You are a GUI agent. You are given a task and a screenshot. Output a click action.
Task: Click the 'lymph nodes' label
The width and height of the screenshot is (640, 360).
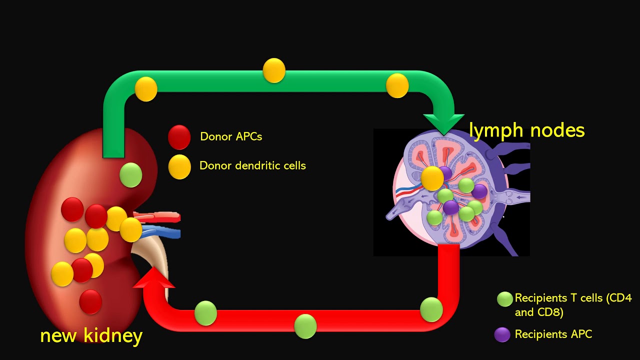click(x=526, y=130)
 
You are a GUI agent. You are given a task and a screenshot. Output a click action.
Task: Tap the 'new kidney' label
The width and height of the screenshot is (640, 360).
click(x=91, y=335)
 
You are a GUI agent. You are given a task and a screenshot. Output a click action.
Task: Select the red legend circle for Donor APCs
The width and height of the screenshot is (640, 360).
click(x=179, y=137)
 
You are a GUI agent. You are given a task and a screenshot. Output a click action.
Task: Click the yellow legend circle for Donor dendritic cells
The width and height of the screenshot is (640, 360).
click(x=179, y=166)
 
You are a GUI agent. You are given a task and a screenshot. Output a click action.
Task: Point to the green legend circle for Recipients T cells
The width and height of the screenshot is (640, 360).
click(x=504, y=299)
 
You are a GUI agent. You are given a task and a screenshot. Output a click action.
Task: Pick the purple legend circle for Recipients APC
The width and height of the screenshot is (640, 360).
click(x=502, y=334)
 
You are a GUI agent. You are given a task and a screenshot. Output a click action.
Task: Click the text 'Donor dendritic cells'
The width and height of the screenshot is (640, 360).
click(x=252, y=165)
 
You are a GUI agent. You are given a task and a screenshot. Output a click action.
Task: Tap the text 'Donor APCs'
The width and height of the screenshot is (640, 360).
click(x=230, y=136)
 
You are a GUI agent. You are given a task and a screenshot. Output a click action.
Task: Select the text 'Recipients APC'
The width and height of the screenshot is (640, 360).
click(x=553, y=334)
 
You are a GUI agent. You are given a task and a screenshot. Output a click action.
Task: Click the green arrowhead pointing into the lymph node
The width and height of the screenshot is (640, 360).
click(x=443, y=123)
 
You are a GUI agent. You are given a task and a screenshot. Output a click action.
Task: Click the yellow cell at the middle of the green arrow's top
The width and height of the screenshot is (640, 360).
click(x=274, y=70)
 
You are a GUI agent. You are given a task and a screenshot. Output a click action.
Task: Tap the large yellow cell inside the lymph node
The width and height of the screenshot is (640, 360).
click(x=432, y=178)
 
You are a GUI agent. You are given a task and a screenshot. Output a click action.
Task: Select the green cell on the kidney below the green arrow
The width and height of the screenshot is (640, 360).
click(x=131, y=175)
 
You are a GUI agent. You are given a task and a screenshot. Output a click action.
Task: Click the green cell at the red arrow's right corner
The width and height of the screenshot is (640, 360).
click(x=431, y=309)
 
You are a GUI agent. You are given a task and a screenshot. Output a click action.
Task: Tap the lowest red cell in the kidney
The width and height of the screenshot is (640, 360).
click(x=90, y=301)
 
